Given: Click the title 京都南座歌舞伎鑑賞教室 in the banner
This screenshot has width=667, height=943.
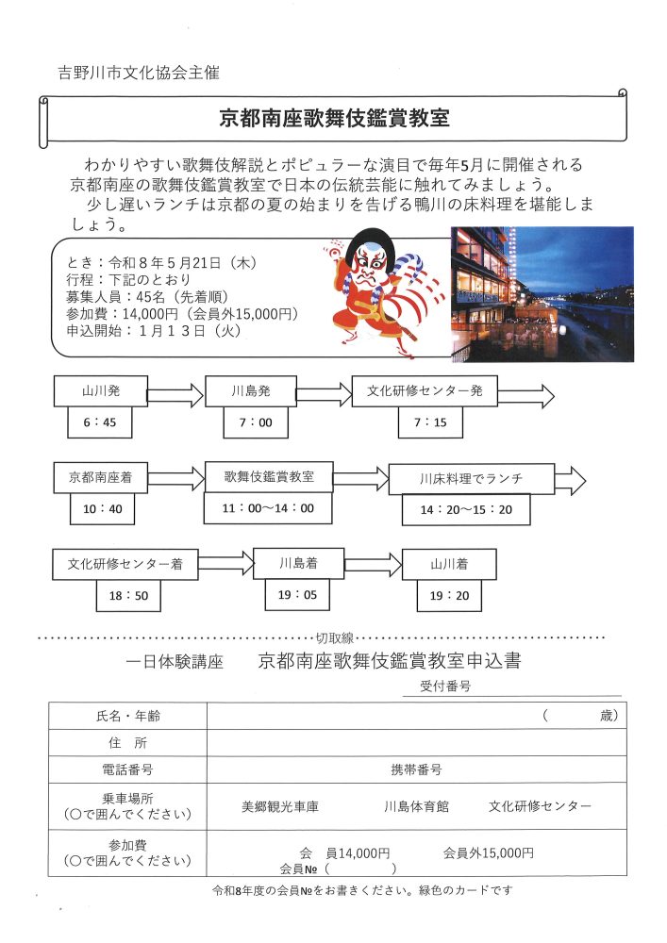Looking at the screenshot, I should click(334, 119).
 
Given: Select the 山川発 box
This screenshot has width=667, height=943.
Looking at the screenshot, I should click(99, 390).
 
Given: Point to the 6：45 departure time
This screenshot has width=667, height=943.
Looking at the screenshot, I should click(99, 422).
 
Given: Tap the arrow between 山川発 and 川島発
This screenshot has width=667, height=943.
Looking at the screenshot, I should click(175, 394).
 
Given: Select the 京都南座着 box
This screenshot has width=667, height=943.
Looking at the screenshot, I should click(99, 477).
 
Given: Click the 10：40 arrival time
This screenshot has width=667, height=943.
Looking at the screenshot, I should click(102, 509).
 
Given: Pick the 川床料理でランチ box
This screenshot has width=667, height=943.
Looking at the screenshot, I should click(471, 479).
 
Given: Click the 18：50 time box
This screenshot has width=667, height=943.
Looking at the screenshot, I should click(128, 595).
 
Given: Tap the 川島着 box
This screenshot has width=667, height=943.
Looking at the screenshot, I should click(295, 563).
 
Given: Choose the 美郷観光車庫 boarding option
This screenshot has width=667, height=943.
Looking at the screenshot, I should click(280, 807).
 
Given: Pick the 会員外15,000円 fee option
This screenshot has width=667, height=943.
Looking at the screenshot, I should click(488, 852).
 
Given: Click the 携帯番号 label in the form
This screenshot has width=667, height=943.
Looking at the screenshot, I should click(416, 769).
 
